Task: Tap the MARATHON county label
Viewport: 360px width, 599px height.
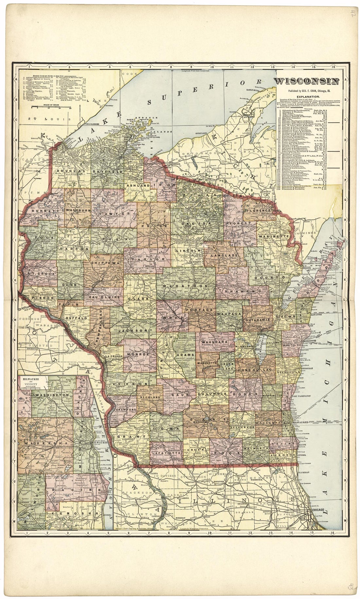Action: tap(185, 286)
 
